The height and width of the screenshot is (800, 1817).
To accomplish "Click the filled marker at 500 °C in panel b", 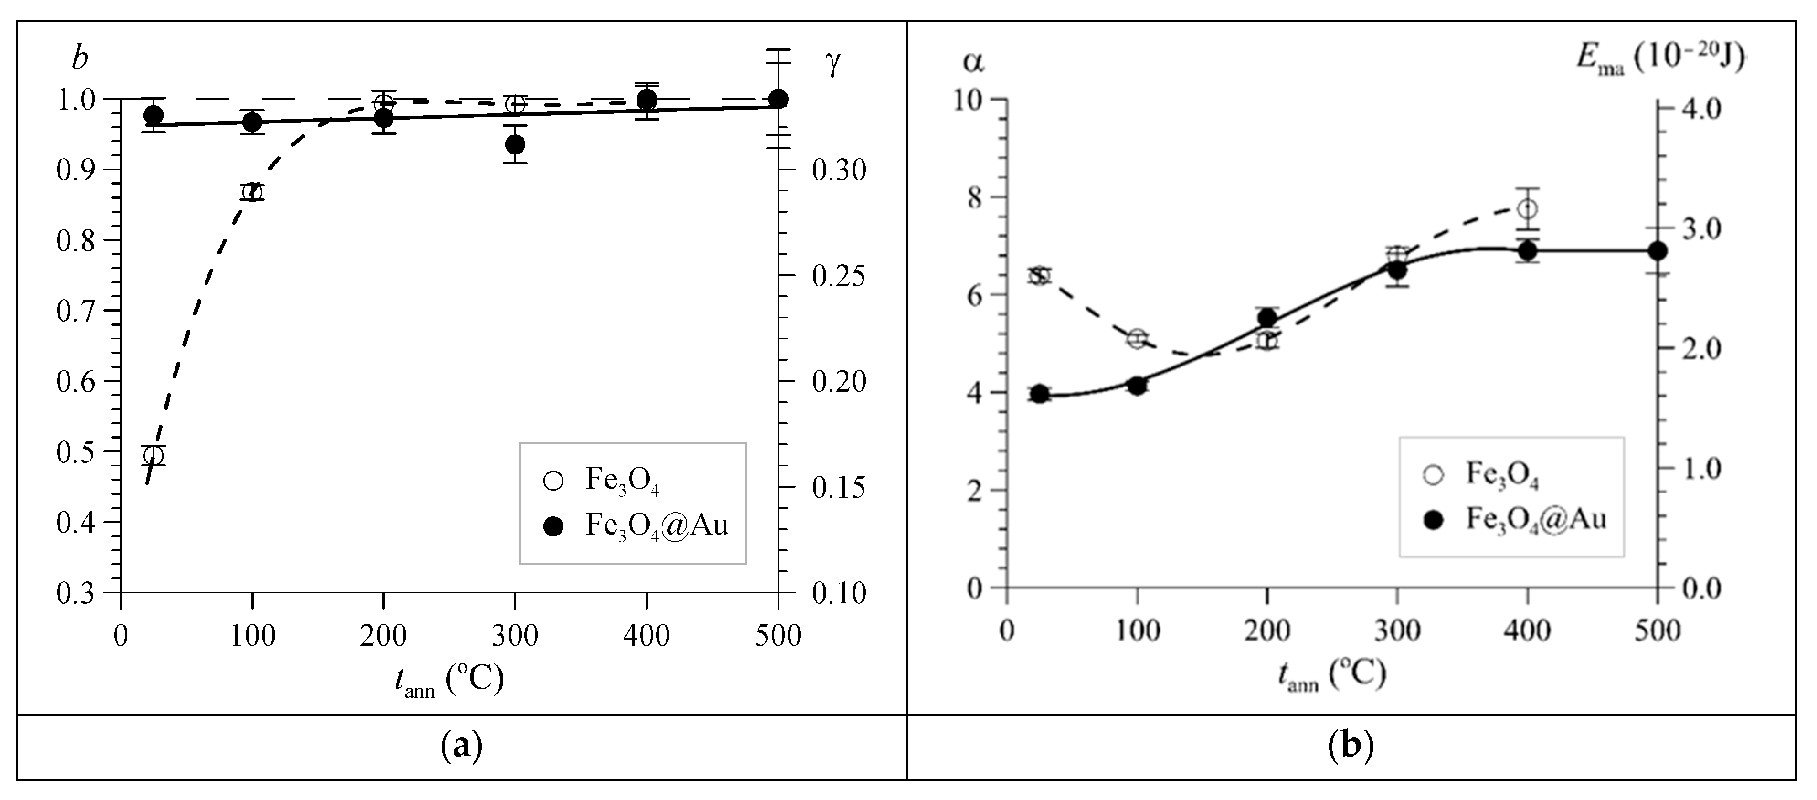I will pos(1658,250).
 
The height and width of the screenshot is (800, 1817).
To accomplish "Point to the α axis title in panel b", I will pos(974,63).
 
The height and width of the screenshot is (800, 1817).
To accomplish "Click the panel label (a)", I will pos(461,746).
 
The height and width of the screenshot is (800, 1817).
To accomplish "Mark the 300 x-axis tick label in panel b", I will pos(1397,630).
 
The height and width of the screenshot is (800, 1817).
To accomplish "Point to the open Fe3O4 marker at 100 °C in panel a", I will pos(252,192).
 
